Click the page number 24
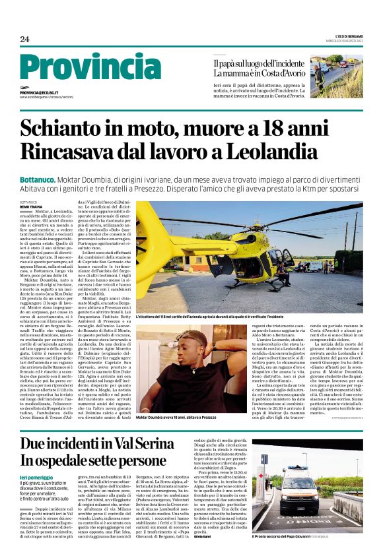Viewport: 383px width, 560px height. click(25, 40)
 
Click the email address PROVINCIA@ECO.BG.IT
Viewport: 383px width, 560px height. click(39, 94)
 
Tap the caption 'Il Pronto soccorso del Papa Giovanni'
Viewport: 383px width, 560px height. click(291, 554)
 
